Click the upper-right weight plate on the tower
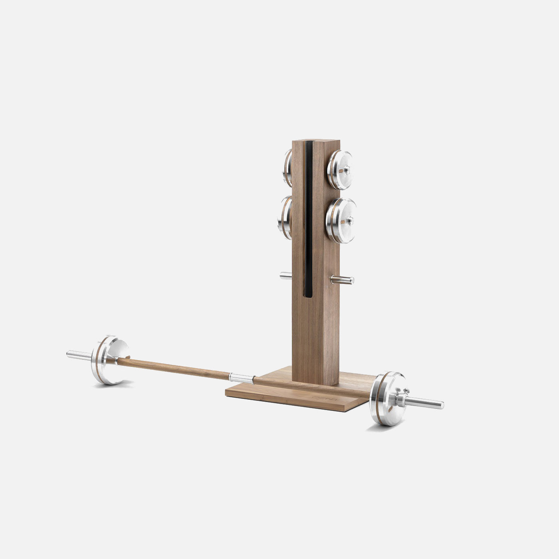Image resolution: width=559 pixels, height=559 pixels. pos(340,170)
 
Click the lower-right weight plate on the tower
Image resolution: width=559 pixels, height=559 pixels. pos(341,220)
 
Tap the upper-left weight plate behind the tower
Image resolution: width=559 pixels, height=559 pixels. pos(287,168)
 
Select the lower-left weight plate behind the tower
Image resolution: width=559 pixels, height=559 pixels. pos(284,218)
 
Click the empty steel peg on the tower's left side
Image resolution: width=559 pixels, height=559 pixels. pos(285,275)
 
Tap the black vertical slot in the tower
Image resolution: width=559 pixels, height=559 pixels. pos(308,220)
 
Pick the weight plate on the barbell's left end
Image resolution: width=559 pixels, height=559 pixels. pos(110,360)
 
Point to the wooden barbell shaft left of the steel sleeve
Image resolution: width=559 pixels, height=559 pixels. pos(172,367)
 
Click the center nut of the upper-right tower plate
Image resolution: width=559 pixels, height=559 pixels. pos(346,170)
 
